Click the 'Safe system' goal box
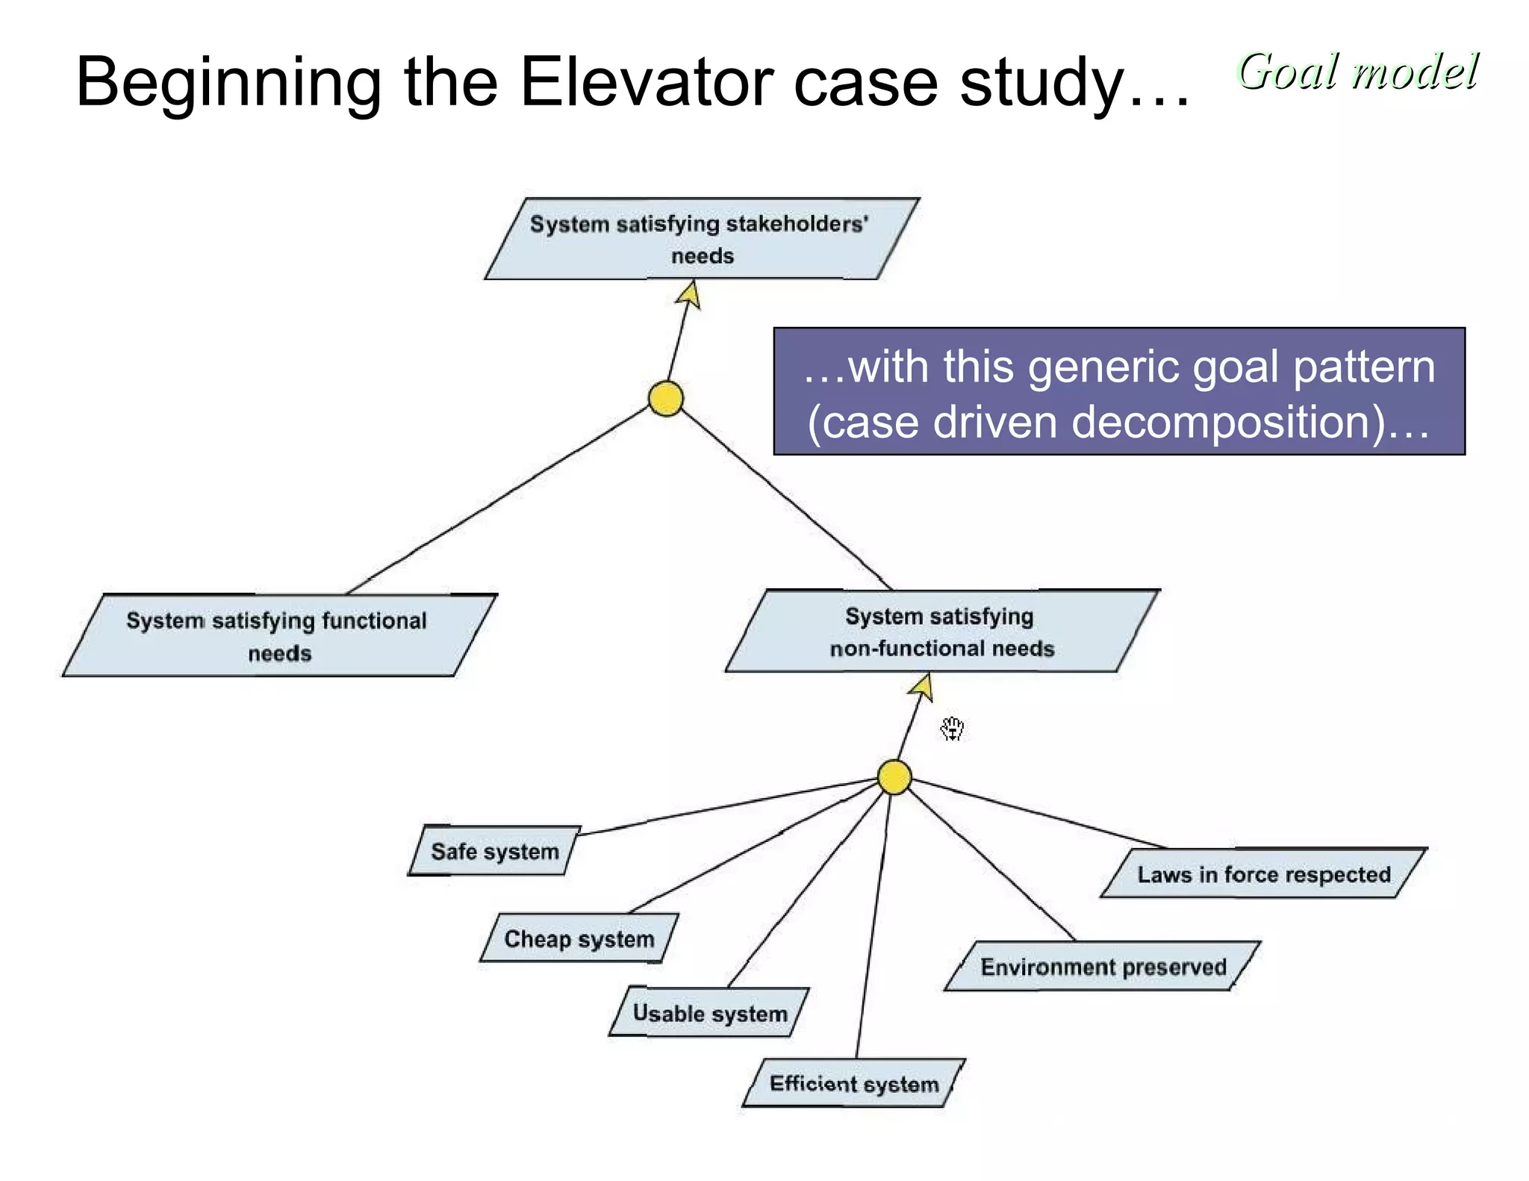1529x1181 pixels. point(495,851)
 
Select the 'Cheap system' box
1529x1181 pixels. point(579,938)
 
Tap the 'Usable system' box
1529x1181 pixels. point(709,1013)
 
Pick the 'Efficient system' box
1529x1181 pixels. point(854,1083)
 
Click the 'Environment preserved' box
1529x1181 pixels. point(1103,967)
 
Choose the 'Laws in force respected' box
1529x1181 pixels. point(1263,873)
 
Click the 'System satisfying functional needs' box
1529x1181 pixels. point(278,636)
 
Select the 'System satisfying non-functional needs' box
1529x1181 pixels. point(941,632)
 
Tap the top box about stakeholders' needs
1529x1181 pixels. point(701,239)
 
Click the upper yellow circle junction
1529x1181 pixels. point(665,398)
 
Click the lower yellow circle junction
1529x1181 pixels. point(894,778)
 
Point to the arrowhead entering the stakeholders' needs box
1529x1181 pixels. point(690,294)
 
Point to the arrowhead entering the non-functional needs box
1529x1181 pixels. point(923,687)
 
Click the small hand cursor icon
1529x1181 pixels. point(952,729)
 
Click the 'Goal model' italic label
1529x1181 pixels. point(1357,72)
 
